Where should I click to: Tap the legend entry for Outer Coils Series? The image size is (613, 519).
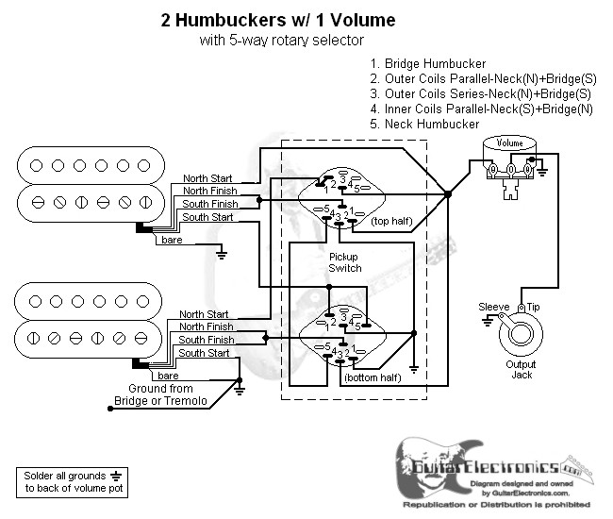480,94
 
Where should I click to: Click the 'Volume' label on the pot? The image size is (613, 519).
509,142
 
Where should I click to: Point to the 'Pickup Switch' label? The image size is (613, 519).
344,262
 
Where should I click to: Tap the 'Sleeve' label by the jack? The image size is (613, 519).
493,308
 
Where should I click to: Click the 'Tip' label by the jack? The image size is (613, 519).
533,308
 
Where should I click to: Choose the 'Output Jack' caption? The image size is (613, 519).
521,370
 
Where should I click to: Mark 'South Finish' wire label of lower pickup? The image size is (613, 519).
207,340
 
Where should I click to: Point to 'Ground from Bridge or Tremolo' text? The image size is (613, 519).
160,395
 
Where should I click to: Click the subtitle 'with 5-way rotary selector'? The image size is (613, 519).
281,41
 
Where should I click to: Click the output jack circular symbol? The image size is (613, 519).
518,333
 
